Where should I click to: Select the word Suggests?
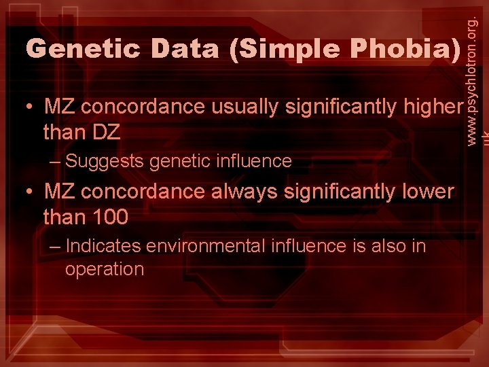coord(105,162)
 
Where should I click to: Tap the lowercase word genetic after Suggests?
coord(179,162)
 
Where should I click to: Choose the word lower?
coord(427,192)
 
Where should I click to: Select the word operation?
coord(105,270)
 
